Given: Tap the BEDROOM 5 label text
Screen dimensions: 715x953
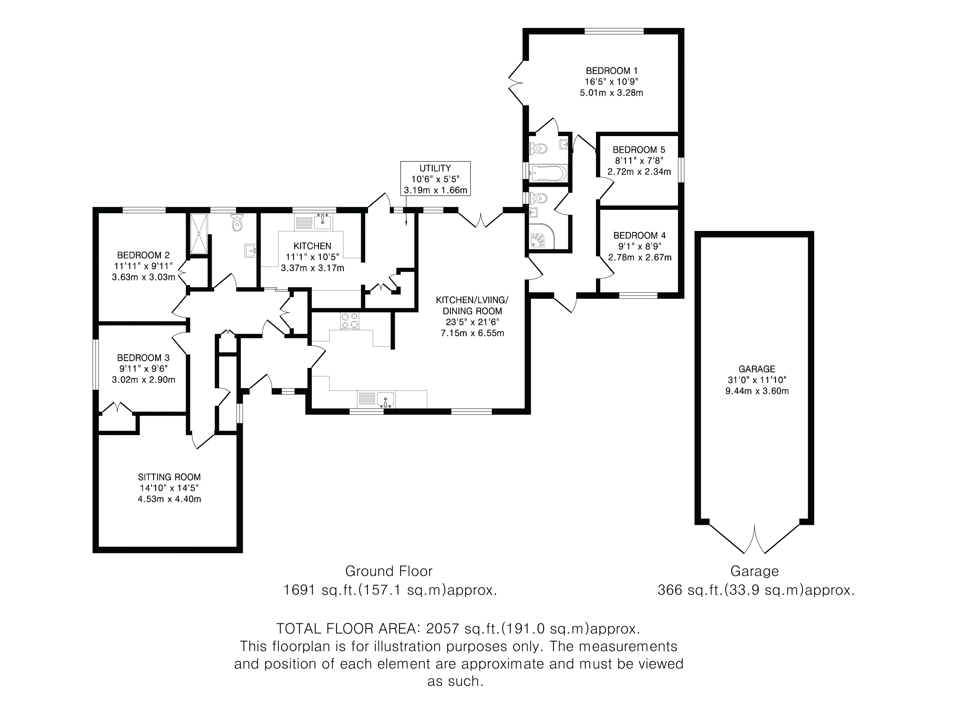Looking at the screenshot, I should pos(639,150).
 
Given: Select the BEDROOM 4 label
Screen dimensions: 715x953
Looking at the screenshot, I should pos(639,236).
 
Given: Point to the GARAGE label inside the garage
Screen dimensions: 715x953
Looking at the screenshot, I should pos(757,369).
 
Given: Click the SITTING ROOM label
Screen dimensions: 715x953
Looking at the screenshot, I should pos(169,477).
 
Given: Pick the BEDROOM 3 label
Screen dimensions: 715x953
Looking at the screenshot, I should pos(143,358).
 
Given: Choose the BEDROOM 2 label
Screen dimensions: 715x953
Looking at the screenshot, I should pos(143,256).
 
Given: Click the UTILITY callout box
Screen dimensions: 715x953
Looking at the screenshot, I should pos(435,179).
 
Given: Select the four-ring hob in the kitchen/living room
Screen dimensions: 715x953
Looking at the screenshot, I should pos(349,320).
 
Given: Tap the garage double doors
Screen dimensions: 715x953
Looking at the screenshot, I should pos(754,539).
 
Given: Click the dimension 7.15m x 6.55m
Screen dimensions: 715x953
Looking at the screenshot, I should pos(472,333).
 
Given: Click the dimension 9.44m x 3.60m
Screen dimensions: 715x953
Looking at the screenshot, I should pos(757,391).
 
